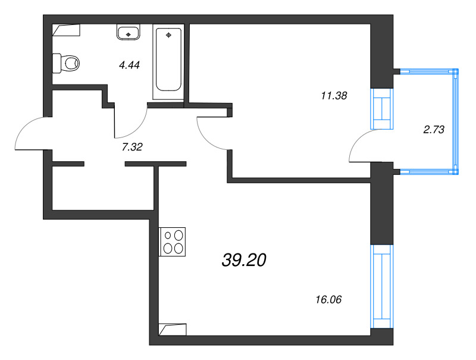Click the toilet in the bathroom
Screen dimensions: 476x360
click(66, 64)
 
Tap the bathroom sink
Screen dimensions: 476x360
click(128, 32)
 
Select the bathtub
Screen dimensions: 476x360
click(168, 62)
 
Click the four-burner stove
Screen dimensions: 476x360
click(173, 242)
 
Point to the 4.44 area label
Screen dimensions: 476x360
click(129, 65)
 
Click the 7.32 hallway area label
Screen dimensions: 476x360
click(132, 147)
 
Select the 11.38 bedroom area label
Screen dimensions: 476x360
click(334, 96)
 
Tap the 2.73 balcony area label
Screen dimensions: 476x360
click(434, 130)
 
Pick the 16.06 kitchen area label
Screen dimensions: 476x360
click(328, 300)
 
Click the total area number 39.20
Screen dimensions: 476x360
click(244, 260)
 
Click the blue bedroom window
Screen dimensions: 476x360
click(382, 109)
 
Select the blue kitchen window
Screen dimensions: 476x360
click(382, 286)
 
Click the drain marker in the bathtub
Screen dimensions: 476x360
click(169, 35)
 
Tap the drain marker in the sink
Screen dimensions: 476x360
click(128, 35)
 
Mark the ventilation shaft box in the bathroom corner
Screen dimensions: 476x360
click(66, 30)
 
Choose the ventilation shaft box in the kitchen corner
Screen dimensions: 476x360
click(173, 330)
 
